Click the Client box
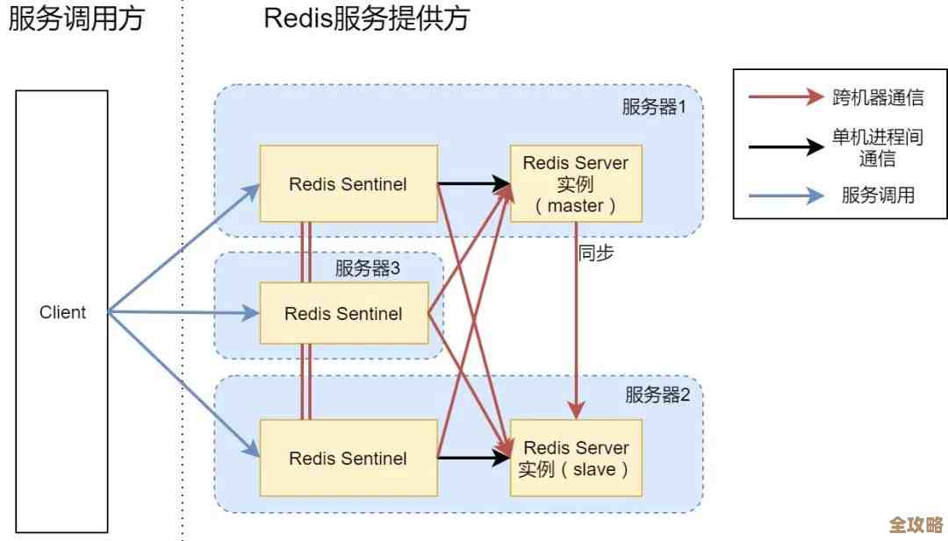(x=62, y=312)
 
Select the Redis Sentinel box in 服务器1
(x=348, y=184)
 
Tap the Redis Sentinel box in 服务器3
(x=343, y=313)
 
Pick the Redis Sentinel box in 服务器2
(x=348, y=458)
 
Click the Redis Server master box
(x=576, y=183)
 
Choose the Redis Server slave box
(x=576, y=458)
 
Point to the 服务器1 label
(x=654, y=108)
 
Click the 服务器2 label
(x=657, y=395)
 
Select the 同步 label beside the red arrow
(x=596, y=253)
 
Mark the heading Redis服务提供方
(x=366, y=18)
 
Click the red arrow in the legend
(x=786, y=97)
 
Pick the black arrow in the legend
(x=786, y=147)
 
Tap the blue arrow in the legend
(x=786, y=196)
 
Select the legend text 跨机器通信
(x=878, y=97)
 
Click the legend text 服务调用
(x=878, y=196)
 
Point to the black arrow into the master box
(x=474, y=184)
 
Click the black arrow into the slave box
(x=474, y=458)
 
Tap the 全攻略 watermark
(x=916, y=524)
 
